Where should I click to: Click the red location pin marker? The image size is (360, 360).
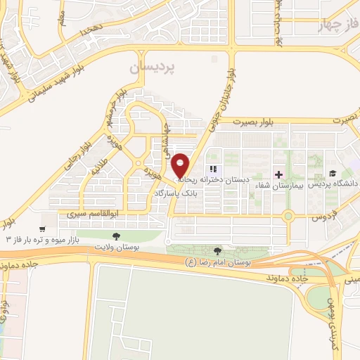[181, 165]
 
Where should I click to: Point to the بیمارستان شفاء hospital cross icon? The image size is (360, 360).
[278, 174]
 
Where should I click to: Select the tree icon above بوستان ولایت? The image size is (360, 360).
[116, 236]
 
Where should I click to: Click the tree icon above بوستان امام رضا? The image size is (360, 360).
[217, 251]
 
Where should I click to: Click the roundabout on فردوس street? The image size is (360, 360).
[288, 217]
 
